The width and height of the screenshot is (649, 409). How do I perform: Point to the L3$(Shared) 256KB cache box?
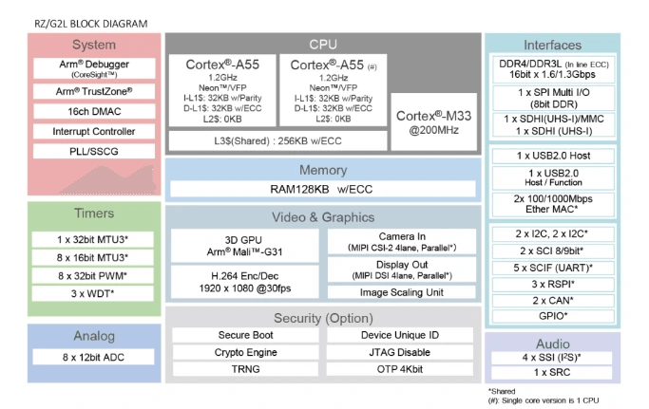click(277, 140)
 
